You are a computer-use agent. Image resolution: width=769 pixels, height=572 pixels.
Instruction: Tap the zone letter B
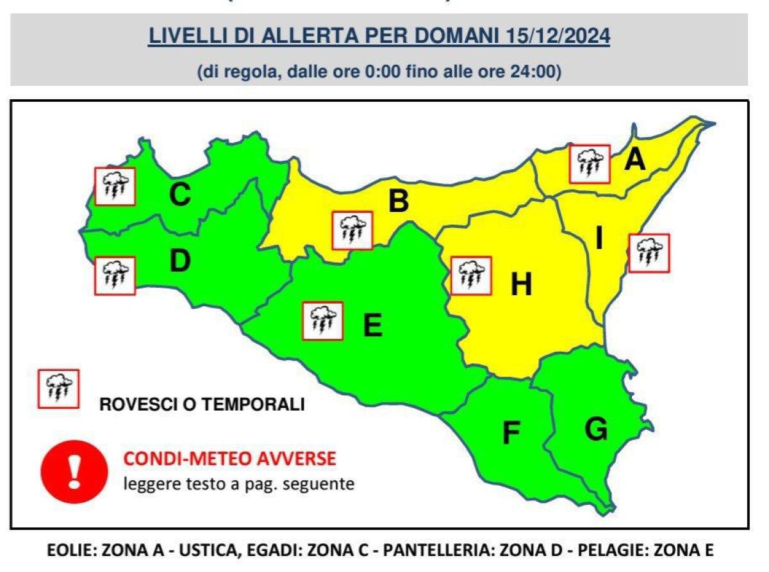(x=399, y=202)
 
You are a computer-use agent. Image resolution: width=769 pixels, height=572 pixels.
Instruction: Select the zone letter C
(x=179, y=195)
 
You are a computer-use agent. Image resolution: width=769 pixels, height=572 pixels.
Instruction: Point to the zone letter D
(x=180, y=261)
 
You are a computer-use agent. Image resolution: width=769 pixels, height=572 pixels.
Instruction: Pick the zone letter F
(x=511, y=434)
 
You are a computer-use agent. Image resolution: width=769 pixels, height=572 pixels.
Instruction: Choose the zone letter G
(x=596, y=429)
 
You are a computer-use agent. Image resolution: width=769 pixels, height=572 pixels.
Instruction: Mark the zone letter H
(x=522, y=285)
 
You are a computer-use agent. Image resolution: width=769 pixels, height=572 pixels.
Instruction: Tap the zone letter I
(x=599, y=239)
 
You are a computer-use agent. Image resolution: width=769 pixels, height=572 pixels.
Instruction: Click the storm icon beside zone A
(x=589, y=163)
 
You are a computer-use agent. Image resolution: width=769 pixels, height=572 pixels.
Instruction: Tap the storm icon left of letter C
(x=115, y=186)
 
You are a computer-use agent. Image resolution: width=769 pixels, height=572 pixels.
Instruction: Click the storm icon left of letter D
(x=115, y=275)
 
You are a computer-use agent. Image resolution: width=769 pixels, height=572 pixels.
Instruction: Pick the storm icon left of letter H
(x=471, y=276)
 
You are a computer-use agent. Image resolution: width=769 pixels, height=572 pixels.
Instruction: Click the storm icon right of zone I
(x=649, y=253)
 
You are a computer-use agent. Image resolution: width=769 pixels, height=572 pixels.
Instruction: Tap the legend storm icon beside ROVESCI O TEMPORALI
(x=58, y=389)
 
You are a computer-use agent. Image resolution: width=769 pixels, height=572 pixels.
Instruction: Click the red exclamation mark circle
(x=74, y=471)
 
